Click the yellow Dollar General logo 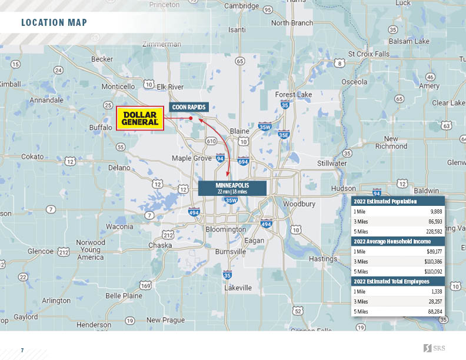(x=139, y=118)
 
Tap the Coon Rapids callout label (x=188, y=107)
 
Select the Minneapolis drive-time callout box (x=232, y=188)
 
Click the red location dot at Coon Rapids (x=191, y=118)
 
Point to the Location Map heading (x=54, y=23)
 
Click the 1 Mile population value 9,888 (x=436, y=211)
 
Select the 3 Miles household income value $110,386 (x=432, y=261)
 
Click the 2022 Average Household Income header (x=392, y=241)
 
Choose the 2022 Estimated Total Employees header (x=391, y=281)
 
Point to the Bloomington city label (x=225, y=229)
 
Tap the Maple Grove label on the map (x=191, y=158)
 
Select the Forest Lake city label (x=294, y=94)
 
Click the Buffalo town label (x=100, y=127)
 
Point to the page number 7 (x=22, y=351)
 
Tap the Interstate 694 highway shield (x=243, y=161)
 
